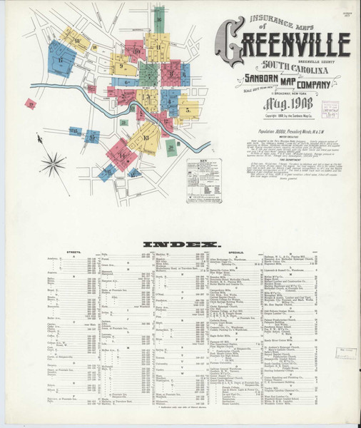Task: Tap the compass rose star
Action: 53,165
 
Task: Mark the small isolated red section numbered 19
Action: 31,103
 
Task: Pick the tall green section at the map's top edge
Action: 158,21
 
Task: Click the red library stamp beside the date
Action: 330,109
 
